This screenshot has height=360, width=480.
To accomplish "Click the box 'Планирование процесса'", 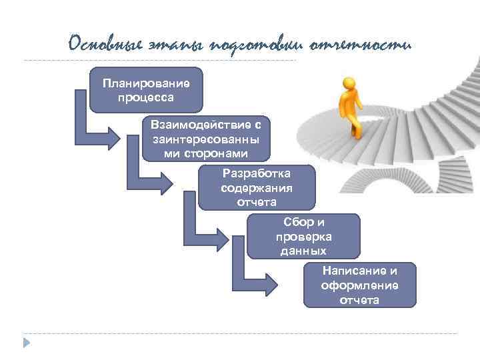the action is (146, 90).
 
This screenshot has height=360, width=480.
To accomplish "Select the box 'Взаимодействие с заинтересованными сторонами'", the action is (206, 139).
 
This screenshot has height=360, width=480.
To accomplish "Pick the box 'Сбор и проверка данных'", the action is (303, 236).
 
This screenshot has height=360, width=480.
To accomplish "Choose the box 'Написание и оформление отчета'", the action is (359, 285).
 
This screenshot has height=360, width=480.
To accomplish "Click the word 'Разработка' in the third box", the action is (257, 173).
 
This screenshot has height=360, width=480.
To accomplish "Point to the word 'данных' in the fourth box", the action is (303, 251).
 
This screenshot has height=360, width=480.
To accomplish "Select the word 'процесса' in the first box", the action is (146, 97).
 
